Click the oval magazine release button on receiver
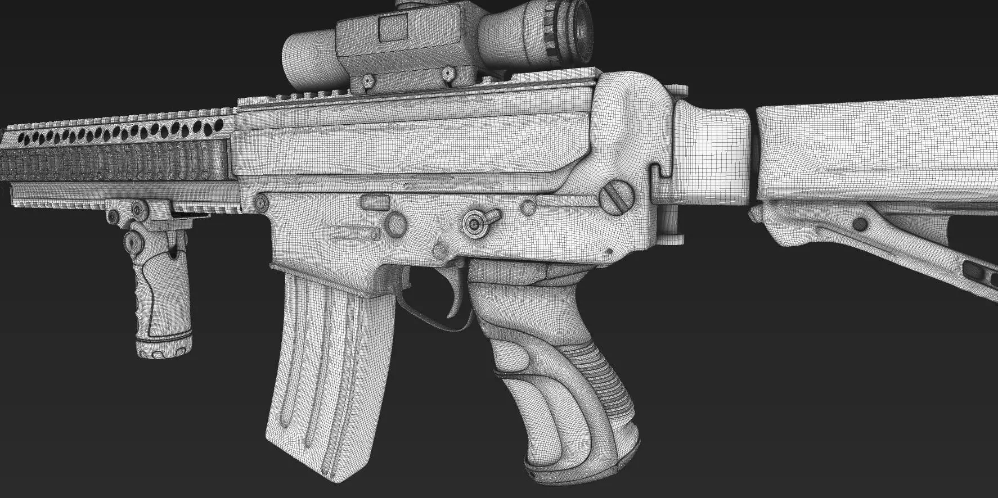pyautogui.click(x=372, y=199)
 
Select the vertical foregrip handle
pyautogui.click(x=160, y=304)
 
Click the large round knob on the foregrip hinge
pyautogui.click(x=134, y=241)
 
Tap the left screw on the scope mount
pyautogui.click(x=367, y=81)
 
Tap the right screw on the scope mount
pyautogui.click(x=448, y=73)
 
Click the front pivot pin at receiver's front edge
pyautogui.click(x=260, y=202)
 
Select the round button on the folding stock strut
pyautogui.click(x=859, y=224)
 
